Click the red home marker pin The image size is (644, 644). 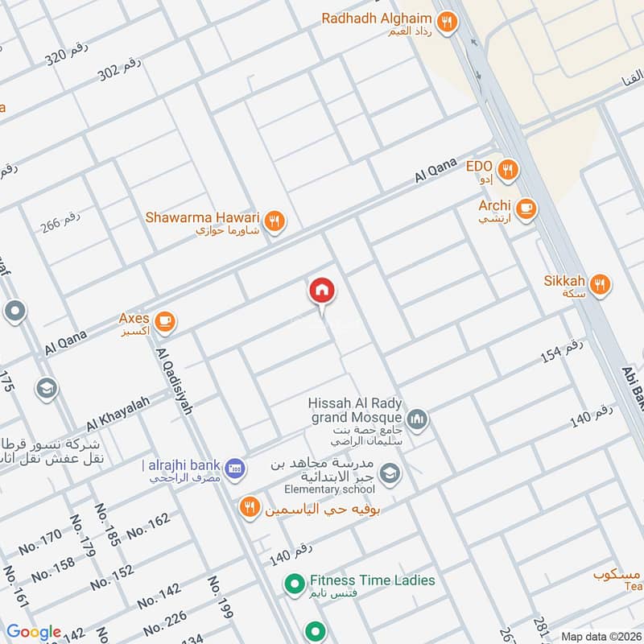(x=321, y=291)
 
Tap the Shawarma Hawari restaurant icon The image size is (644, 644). (x=275, y=221)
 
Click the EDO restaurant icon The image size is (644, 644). (x=507, y=170)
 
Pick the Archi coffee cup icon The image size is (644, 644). (x=526, y=208)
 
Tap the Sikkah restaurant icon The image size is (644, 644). (x=599, y=284)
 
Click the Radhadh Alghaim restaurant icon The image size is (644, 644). (x=445, y=21)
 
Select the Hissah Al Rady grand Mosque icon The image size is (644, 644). (x=417, y=419)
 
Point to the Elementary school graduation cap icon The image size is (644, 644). (x=390, y=473)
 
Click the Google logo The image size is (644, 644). (x=34, y=632)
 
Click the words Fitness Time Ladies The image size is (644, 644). (x=372, y=580)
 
